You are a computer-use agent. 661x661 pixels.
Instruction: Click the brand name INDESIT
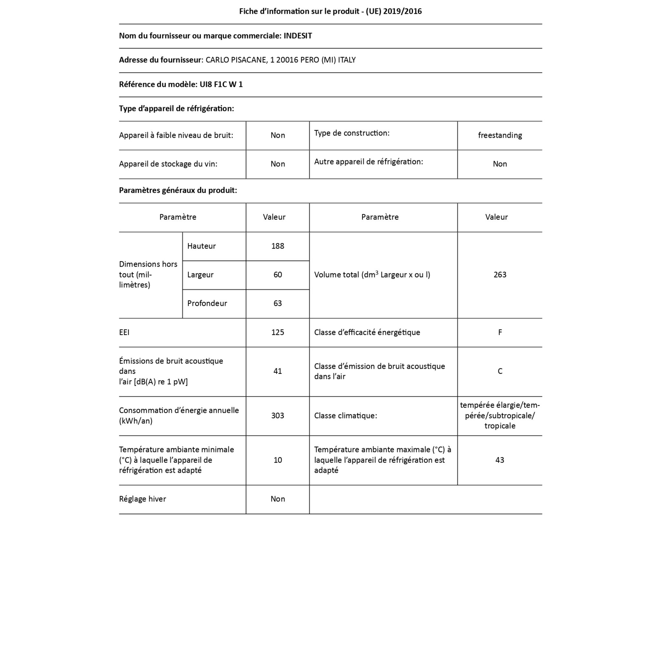(298, 36)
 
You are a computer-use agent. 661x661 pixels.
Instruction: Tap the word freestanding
(500, 136)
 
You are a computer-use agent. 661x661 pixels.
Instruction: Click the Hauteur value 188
(278, 246)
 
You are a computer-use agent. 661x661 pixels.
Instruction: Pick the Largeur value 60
(278, 275)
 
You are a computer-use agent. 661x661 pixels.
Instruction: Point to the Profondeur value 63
(278, 303)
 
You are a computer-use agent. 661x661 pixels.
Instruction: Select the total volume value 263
(500, 275)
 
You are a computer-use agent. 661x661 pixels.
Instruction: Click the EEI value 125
(278, 332)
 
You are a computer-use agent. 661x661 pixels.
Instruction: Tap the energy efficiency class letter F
(500, 332)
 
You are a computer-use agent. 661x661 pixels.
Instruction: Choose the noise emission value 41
(278, 371)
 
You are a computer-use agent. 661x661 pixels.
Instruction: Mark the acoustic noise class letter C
(500, 371)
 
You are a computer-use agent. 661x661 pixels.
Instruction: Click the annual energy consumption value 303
(278, 416)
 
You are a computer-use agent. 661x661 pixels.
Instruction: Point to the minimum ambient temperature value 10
(278, 460)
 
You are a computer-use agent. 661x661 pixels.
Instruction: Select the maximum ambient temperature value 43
(500, 460)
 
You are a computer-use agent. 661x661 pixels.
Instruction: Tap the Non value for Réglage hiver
(278, 499)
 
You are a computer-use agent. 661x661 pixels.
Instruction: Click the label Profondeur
(207, 303)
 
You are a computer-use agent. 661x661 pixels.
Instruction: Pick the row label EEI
(124, 332)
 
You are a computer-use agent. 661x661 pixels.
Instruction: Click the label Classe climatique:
(345, 416)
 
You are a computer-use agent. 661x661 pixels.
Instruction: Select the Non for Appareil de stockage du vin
(278, 164)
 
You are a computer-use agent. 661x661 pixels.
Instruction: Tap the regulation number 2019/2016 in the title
(402, 12)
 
